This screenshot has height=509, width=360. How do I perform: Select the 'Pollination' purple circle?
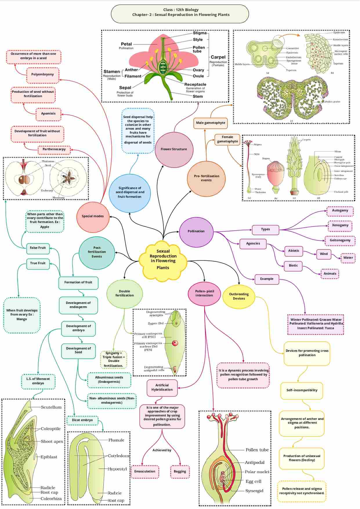click(196, 231)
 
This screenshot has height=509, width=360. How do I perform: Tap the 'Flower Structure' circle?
click(174, 149)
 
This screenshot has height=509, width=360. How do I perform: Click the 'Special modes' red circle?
click(93, 216)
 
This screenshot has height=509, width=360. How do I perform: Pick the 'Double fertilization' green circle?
click(124, 294)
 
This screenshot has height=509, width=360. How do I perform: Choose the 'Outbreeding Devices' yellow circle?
click(239, 296)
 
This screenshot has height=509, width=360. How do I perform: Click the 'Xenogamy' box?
click(340, 225)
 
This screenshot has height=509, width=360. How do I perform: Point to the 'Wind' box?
click(324, 254)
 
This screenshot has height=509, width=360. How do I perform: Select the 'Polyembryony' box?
click(43, 75)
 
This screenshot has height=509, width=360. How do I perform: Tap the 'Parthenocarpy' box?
click(54, 149)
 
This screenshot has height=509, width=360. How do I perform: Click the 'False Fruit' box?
click(38, 248)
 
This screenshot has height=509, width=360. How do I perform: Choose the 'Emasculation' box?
click(145, 472)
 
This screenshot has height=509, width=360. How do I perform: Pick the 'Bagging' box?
click(180, 472)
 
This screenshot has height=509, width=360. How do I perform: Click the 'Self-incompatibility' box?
click(302, 390)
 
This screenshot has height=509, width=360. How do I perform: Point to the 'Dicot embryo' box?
click(82, 420)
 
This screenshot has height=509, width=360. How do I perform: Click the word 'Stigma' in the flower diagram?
click(200, 33)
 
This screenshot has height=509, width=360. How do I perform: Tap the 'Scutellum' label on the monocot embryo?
click(51, 407)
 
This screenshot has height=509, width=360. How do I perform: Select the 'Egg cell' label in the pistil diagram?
click(253, 481)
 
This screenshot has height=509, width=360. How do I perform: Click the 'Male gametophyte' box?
click(211, 123)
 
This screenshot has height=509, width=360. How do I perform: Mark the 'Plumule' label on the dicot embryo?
click(116, 440)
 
